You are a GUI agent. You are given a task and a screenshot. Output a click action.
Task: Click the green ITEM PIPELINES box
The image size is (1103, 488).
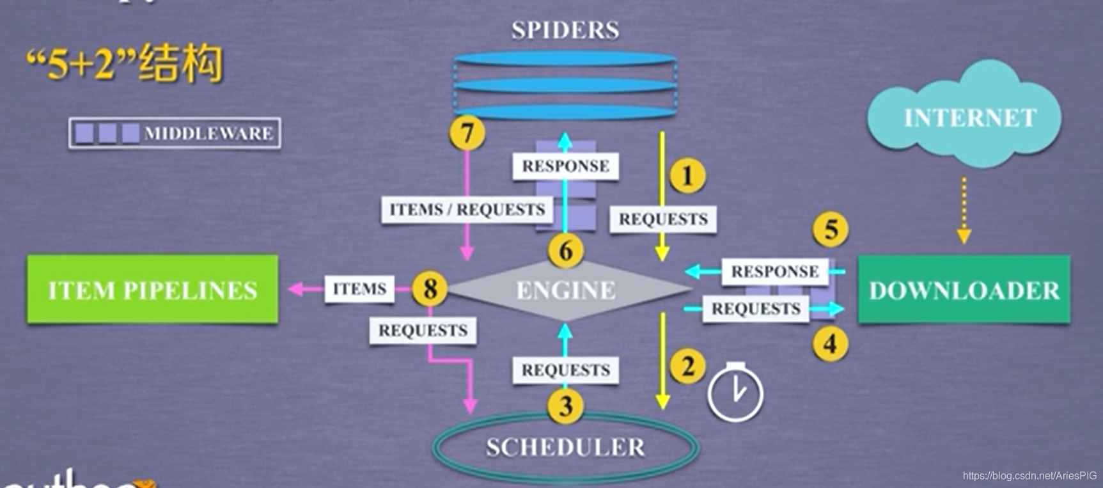152,289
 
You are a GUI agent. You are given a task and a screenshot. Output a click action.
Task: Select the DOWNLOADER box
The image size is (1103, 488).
964,290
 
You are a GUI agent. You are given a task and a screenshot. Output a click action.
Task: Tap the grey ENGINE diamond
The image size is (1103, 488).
567,290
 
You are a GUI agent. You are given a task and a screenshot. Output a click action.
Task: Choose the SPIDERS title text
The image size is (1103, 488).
565,30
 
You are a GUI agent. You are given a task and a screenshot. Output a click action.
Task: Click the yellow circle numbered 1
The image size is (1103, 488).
687,175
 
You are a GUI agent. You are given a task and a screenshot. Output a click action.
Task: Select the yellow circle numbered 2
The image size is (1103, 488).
687,366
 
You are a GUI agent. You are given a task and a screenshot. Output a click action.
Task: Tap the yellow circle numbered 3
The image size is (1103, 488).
565,406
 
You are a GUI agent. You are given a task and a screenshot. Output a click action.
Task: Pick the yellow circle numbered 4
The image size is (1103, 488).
830,344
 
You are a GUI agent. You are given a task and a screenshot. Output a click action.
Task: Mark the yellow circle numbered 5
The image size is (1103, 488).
830,230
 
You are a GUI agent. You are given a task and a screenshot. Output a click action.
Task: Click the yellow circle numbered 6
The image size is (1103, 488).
566,250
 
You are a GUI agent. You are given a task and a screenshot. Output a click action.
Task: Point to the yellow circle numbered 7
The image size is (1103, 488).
467,132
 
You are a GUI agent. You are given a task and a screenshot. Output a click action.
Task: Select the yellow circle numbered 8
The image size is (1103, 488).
430,288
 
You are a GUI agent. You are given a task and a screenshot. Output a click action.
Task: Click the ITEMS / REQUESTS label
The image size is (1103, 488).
467,209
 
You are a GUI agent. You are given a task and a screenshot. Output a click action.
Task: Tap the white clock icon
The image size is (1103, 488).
735,393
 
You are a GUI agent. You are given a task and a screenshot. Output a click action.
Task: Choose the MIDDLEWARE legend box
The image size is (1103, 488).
175,133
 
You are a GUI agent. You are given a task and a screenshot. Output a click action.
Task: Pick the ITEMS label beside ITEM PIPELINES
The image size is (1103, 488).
359,289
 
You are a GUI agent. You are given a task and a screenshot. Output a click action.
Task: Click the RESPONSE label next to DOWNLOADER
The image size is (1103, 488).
774,271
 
